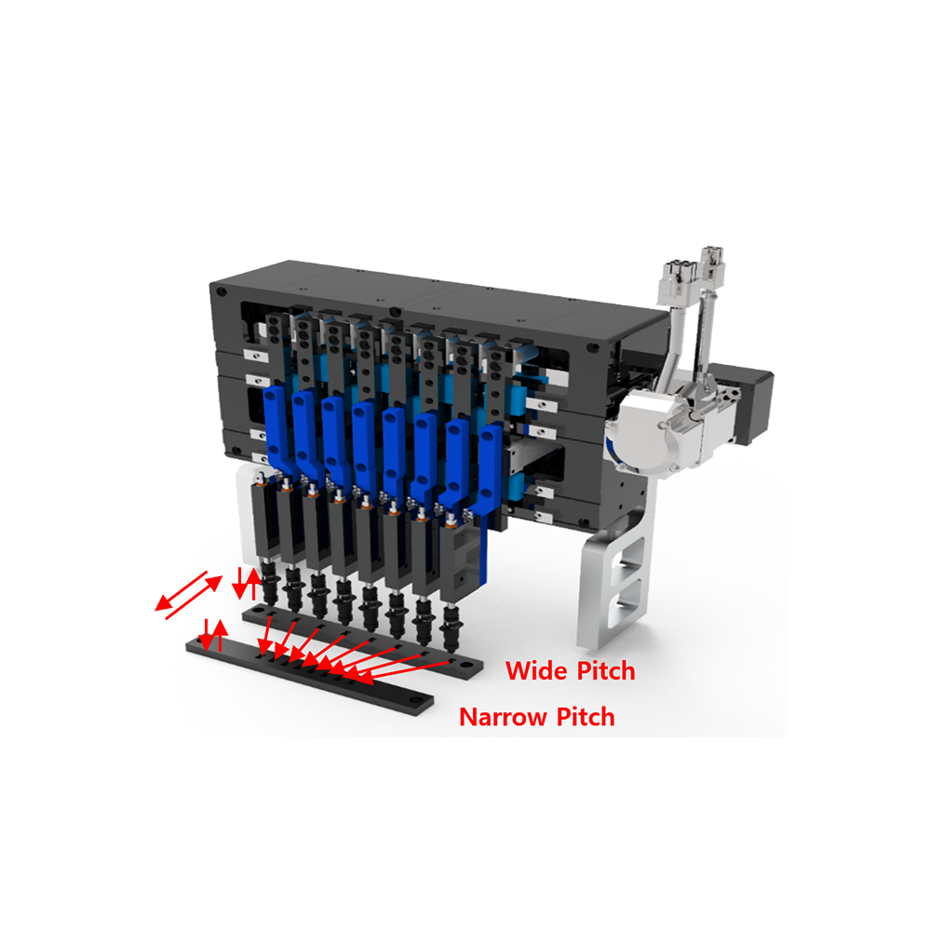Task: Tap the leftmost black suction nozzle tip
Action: coord(270,596)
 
